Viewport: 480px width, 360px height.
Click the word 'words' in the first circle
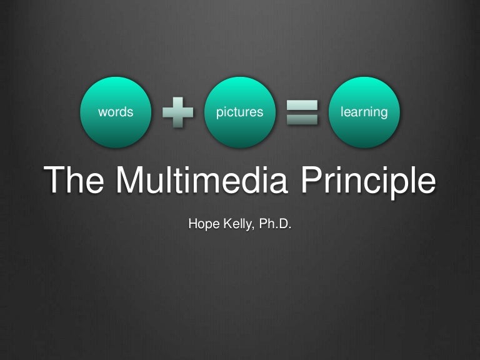(x=116, y=112)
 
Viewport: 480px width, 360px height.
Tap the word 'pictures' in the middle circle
(x=239, y=112)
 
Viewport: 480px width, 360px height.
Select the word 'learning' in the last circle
(x=364, y=112)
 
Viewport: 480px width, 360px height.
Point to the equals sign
(x=302, y=113)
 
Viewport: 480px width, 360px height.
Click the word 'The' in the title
(x=76, y=180)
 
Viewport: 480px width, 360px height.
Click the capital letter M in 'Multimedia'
(x=132, y=180)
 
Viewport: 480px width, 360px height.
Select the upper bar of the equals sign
(x=302, y=106)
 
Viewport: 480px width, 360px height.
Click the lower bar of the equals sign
(x=302, y=120)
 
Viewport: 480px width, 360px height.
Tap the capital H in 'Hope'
(x=192, y=222)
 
